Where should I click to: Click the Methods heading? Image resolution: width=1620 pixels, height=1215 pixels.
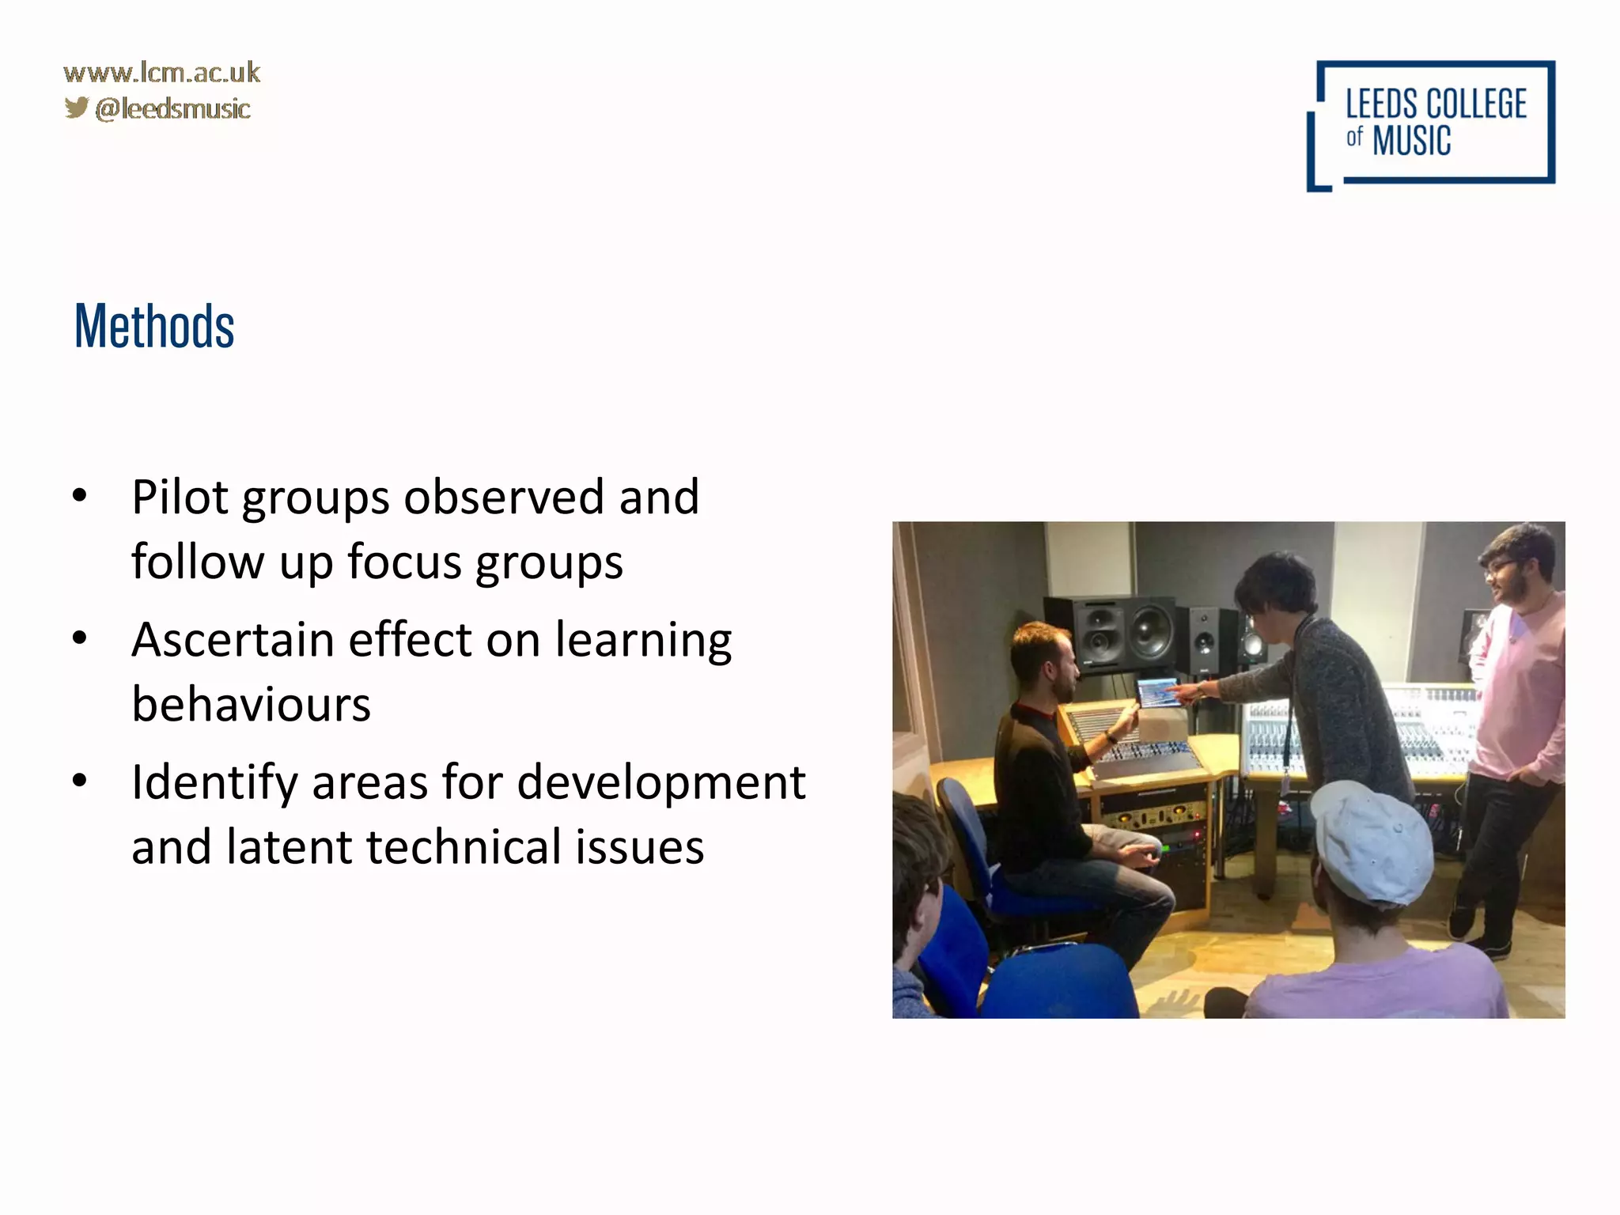(x=154, y=327)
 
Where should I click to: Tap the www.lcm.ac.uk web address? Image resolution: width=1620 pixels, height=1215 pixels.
(x=161, y=73)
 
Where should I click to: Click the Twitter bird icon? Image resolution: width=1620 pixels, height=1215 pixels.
(x=76, y=108)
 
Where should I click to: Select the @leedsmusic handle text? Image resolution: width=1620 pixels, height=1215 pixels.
(x=172, y=108)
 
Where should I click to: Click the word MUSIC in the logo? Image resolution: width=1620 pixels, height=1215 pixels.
(x=1411, y=142)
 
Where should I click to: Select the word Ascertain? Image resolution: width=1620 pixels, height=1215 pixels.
(x=233, y=640)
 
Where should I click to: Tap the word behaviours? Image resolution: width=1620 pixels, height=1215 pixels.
(x=251, y=704)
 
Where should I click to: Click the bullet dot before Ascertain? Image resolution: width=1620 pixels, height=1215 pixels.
(x=79, y=638)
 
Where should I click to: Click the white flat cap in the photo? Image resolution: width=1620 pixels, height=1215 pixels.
(x=1375, y=840)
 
